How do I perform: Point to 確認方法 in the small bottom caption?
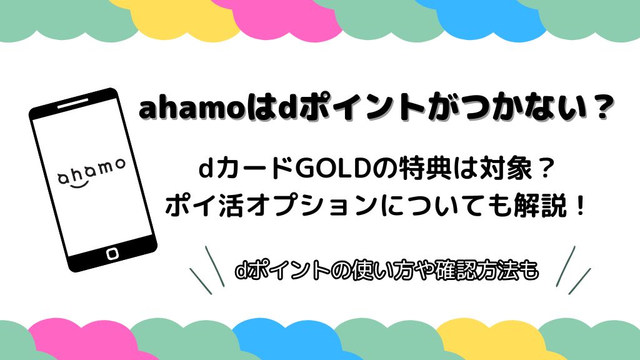click(x=476, y=272)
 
